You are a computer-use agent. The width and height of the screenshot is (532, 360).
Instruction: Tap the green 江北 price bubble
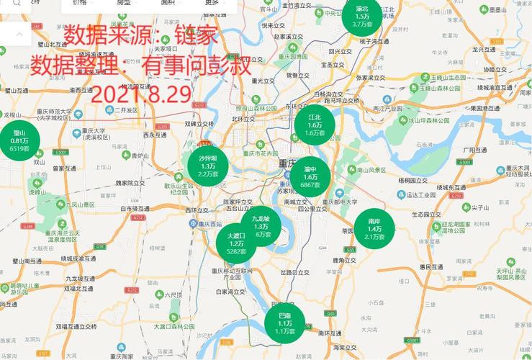[x=315, y=123]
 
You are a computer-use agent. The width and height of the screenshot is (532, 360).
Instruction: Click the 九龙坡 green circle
[x=260, y=225]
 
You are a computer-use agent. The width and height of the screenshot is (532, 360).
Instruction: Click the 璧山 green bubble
[x=19, y=140]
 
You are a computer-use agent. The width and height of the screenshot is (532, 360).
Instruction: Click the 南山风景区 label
[x=371, y=170]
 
